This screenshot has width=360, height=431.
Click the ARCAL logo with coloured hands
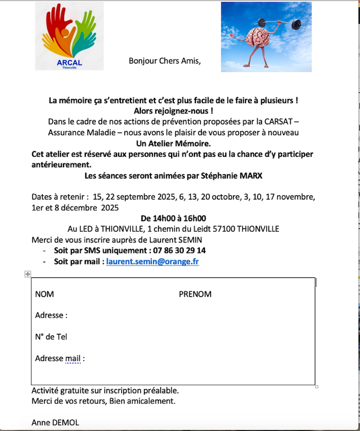(x=69, y=35)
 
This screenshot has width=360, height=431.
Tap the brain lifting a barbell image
(x=266, y=36)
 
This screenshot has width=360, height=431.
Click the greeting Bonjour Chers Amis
(x=164, y=61)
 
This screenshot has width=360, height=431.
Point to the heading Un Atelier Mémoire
(x=173, y=143)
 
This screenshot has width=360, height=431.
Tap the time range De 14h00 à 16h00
(x=173, y=218)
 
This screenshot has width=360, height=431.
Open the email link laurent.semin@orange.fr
(x=152, y=261)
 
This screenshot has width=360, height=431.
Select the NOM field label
(x=45, y=294)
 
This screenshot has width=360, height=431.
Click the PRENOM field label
(x=195, y=294)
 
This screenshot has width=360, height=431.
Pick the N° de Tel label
(x=51, y=337)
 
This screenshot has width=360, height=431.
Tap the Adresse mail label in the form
(x=60, y=359)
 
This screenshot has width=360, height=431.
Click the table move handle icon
(x=28, y=274)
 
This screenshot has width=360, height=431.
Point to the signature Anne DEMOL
(x=56, y=423)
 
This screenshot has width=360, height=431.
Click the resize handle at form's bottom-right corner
(x=317, y=387)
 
